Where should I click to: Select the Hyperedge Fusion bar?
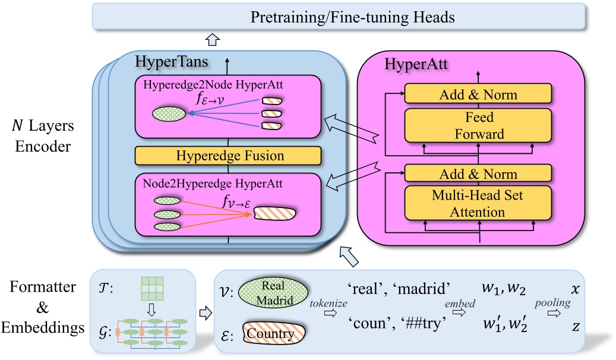point(228,156)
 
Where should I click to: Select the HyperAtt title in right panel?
point(409,62)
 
